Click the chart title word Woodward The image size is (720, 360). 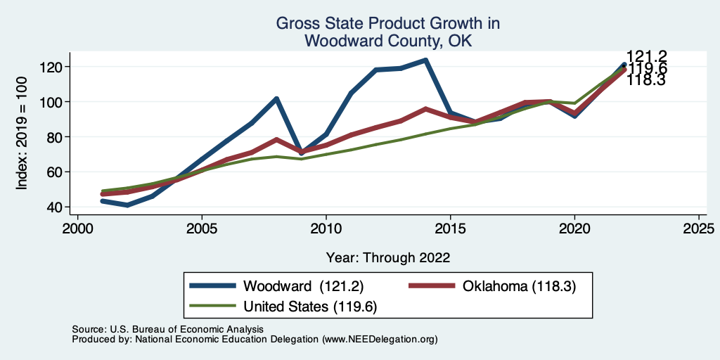[x=336, y=41]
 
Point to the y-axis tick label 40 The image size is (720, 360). [x=56, y=207]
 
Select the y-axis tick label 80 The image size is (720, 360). [x=56, y=136]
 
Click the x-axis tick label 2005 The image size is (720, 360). [x=202, y=229]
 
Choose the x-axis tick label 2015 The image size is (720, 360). [x=450, y=229]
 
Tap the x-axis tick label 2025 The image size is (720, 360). [x=698, y=229]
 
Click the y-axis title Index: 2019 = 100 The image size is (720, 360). [x=22, y=136]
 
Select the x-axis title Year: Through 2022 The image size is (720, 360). [x=388, y=257]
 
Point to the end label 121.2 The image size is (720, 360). [x=646, y=57]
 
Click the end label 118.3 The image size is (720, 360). [x=646, y=80]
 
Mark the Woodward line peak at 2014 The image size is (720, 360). [x=425, y=60]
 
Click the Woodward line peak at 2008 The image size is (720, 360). [x=276, y=98]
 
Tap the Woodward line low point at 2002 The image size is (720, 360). [x=127, y=205]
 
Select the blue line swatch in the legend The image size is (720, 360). [x=213, y=286]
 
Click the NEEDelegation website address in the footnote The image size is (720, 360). [x=380, y=339]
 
